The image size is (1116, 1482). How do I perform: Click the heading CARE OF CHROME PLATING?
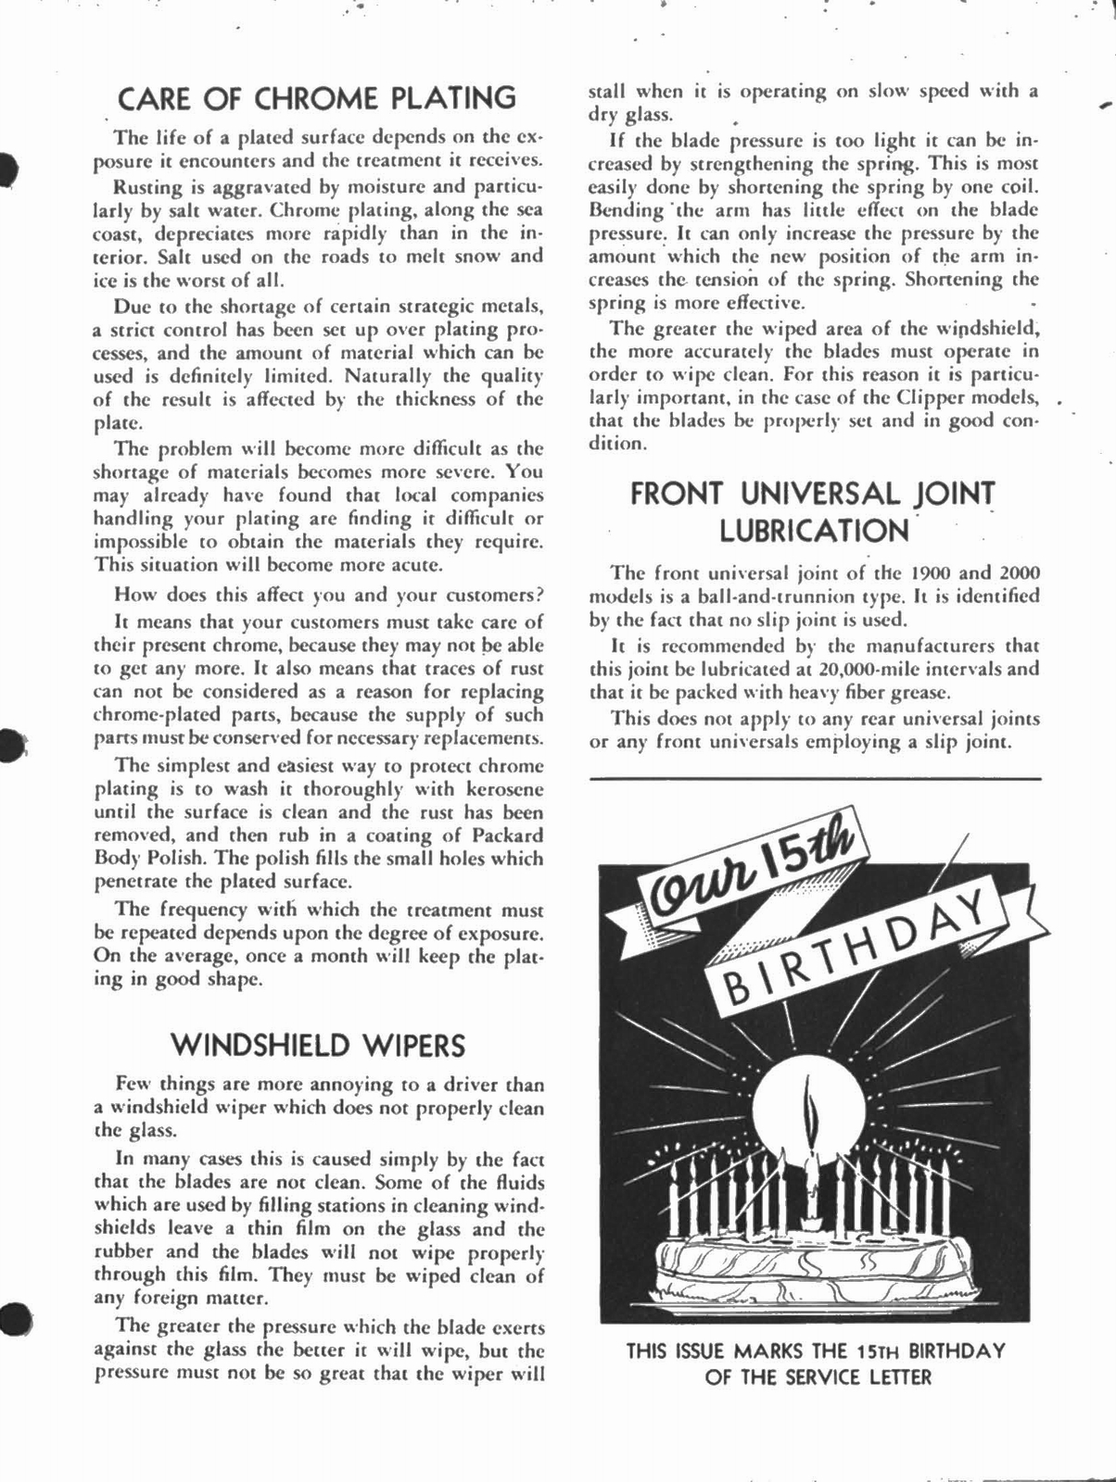click(318, 98)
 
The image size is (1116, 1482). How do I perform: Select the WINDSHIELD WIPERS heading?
click(318, 1046)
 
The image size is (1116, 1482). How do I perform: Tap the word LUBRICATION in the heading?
click(815, 532)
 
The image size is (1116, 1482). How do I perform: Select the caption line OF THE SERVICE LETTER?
click(818, 1377)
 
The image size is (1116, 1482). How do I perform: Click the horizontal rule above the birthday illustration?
click(815, 779)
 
